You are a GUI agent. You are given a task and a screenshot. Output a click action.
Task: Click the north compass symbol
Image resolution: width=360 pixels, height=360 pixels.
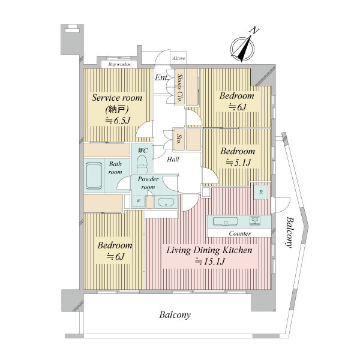242,49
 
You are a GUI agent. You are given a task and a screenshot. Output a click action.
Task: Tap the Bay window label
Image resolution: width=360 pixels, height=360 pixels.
120,65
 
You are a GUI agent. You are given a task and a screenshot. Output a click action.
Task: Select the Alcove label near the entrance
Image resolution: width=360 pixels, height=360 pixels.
179,58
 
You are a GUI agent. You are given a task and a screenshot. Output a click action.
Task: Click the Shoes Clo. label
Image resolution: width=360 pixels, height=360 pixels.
180,88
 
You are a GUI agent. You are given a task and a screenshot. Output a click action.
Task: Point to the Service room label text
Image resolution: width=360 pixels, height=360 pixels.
117,98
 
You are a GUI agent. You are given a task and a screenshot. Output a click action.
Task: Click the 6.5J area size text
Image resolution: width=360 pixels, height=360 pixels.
118,121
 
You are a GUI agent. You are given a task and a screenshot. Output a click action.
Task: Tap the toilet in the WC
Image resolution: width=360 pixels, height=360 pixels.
142,163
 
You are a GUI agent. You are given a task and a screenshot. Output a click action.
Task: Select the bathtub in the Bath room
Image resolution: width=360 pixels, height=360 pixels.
94,176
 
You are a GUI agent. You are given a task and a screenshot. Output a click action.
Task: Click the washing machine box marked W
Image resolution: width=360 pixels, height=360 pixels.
139,202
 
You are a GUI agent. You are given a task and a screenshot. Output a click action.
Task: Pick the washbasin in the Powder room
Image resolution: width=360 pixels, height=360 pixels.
166,202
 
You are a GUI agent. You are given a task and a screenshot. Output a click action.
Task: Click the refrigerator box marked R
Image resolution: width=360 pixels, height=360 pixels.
261,192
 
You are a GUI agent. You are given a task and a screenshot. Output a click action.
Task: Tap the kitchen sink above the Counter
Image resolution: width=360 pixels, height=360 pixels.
225,221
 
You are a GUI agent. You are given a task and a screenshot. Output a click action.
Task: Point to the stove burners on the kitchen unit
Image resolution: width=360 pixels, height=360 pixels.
254,221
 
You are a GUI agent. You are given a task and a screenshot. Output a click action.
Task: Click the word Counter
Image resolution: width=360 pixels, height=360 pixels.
239,233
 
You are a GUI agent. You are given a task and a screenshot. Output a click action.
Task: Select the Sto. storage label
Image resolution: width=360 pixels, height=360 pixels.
178,139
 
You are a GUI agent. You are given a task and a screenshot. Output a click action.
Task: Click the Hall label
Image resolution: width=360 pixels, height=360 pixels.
173,160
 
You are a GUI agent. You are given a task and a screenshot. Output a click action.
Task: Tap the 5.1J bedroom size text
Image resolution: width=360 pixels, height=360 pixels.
238,163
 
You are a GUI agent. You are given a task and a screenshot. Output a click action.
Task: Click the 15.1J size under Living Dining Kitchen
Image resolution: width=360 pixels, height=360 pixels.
209,262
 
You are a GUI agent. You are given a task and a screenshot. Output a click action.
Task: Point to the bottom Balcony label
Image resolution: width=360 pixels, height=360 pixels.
175,315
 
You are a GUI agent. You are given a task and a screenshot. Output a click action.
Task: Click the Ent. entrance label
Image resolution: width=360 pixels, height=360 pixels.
161,77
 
